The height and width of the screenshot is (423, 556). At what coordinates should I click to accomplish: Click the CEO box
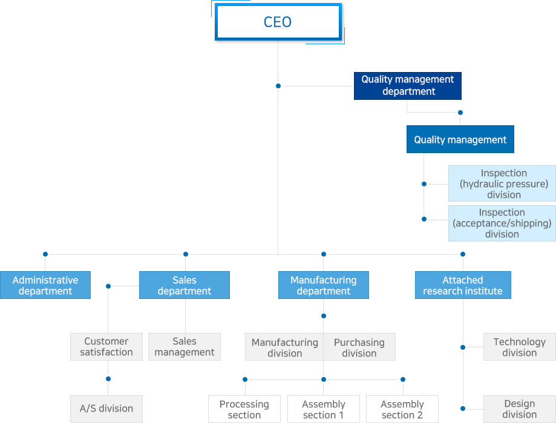pos(278,22)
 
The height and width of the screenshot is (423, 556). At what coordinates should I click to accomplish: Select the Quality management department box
pos(407,86)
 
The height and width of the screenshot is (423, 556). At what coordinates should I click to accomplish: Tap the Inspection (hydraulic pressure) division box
pos(502,183)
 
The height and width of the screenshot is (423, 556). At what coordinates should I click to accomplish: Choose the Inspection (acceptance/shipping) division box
pos(502,223)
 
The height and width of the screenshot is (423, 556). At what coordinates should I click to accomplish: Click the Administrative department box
pos(45,285)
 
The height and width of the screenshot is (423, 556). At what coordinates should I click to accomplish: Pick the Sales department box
pos(185,285)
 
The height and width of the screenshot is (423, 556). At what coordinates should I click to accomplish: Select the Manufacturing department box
pos(324,285)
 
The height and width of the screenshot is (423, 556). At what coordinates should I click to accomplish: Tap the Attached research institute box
pos(463,285)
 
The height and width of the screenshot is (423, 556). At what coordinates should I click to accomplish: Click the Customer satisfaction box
pos(106,347)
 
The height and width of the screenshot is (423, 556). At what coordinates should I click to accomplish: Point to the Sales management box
pos(185,347)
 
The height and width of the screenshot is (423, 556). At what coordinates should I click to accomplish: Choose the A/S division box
pos(106,409)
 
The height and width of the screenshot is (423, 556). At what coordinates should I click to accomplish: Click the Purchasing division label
pos(359,348)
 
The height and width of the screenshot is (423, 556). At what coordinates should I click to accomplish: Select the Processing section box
pos(244,409)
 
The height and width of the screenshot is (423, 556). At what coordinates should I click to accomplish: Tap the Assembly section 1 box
pos(324,409)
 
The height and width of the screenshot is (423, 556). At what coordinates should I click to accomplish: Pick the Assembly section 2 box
pos(402,409)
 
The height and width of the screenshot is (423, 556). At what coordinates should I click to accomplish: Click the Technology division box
pos(520,347)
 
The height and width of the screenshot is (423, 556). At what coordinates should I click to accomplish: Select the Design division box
pos(520,409)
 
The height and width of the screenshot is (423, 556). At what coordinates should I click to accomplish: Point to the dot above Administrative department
pos(45,254)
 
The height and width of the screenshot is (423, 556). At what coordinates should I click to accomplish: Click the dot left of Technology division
pos(463,347)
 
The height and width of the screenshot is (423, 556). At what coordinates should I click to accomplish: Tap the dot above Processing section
pos(245,379)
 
